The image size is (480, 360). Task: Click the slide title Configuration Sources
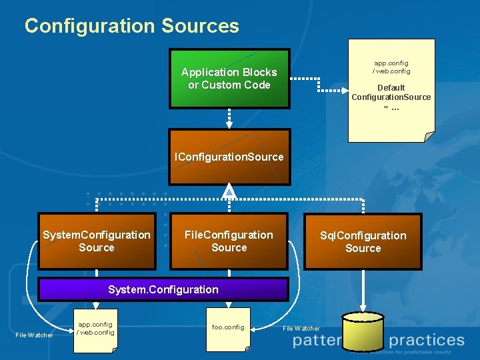tap(131, 26)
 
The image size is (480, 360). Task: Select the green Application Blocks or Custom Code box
tap(229, 79)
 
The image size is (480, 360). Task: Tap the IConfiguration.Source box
tap(229, 157)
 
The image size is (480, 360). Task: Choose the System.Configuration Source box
tap(97, 241)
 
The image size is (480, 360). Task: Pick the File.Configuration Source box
tap(229, 241)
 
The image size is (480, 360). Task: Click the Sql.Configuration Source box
tap(363, 242)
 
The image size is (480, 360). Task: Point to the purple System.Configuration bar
tap(163, 289)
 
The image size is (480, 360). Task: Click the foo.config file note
tap(228, 329)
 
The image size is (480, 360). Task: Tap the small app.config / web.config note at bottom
tap(95, 329)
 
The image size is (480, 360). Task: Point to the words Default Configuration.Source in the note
tap(391, 93)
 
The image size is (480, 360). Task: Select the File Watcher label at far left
tap(34, 335)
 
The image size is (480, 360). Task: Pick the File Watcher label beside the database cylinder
tap(301, 328)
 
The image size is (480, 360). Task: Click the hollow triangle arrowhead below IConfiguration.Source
tap(229, 192)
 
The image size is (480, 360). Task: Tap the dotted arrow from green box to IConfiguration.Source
tap(229, 118)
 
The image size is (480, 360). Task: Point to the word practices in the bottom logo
tap(426, 341)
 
